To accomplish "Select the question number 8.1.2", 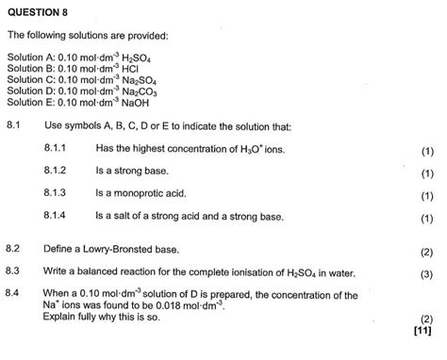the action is [58, 172].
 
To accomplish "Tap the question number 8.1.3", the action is [58, 194].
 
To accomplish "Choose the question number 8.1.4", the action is [58, 217].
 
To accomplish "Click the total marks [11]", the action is [422, 331].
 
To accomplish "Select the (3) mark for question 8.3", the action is [426, 273].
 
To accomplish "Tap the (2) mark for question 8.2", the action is [426, 251].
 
